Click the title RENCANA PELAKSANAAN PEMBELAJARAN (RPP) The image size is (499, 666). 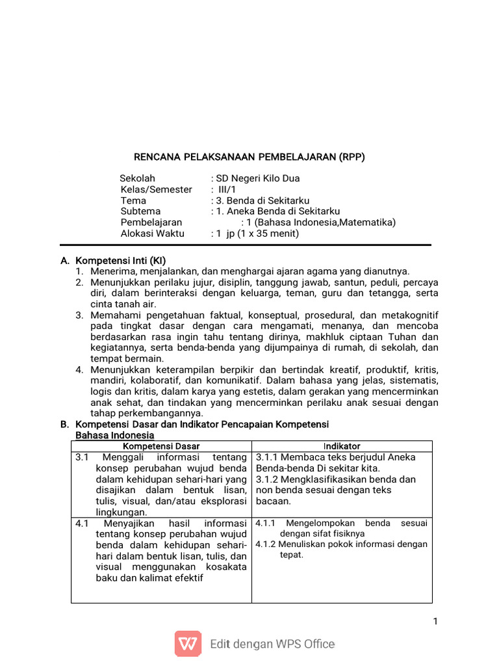point(249,157)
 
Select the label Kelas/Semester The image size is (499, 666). point(157,189)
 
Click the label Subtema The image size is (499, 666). point(140,211)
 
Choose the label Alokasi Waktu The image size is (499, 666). point(153,233)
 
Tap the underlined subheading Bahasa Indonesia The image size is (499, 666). point(115,434)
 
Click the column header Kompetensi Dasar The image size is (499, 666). point(161,446)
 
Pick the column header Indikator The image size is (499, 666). point(342,446)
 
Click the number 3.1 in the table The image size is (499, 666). point(81,457)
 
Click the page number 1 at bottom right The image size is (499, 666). point(435,622)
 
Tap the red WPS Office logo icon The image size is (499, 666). point(188,644)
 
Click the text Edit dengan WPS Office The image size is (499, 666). point(272,645)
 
